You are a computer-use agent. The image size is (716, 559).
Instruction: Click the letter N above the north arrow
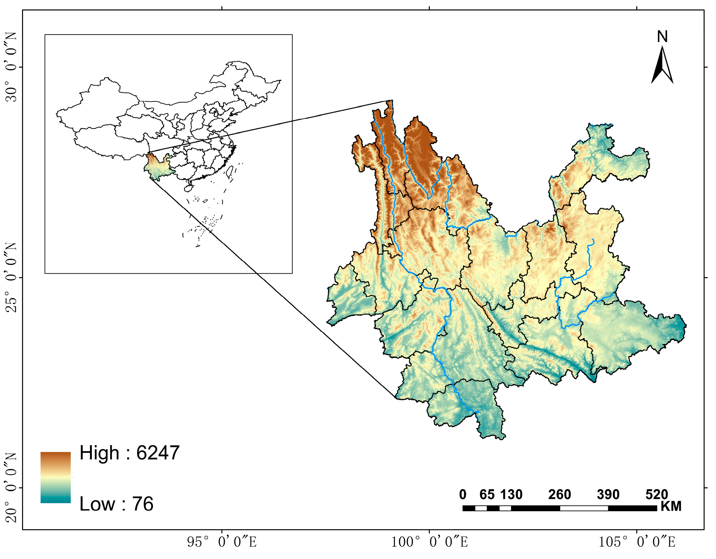662,37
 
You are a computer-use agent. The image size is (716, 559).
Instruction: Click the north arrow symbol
662,66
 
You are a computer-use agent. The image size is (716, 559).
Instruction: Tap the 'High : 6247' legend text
130,453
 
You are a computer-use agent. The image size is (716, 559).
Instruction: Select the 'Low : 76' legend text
116,504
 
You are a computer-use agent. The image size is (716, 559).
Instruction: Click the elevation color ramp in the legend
55,477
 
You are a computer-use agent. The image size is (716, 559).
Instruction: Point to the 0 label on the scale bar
463,494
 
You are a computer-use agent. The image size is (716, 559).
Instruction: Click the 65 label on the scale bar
487,494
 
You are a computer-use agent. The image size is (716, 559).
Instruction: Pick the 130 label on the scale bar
511,494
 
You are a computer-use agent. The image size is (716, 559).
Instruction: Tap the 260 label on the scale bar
560,494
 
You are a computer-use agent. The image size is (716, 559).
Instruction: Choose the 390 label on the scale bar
608,494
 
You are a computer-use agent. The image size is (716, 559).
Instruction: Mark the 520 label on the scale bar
657,494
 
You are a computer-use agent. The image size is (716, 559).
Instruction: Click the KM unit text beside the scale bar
671,507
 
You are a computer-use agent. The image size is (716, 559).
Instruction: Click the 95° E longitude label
222,542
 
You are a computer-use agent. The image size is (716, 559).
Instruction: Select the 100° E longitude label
430,542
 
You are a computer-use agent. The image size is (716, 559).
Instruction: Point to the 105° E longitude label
637,542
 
